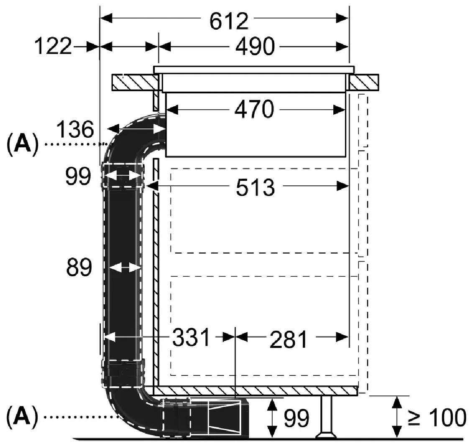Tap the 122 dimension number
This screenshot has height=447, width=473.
tap(53, 46)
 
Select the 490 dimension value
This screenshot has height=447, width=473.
tap(255, 46)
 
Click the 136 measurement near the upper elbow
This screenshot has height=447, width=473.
tap(75, 130)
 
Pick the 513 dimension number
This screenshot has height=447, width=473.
tap(256, 187)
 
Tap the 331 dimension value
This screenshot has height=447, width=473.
tap(191, 337)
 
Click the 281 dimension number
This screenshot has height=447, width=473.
tap(289, 339)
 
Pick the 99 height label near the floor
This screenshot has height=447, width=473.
tap(296, 417)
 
